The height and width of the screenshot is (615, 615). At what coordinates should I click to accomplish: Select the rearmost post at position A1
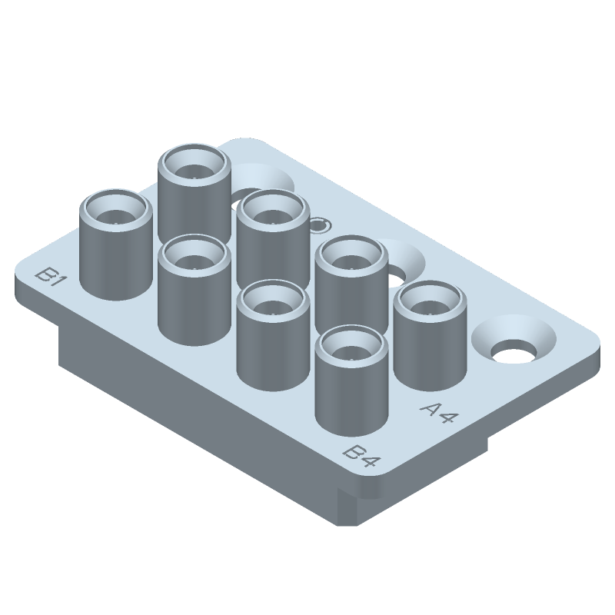click(194, 192)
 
